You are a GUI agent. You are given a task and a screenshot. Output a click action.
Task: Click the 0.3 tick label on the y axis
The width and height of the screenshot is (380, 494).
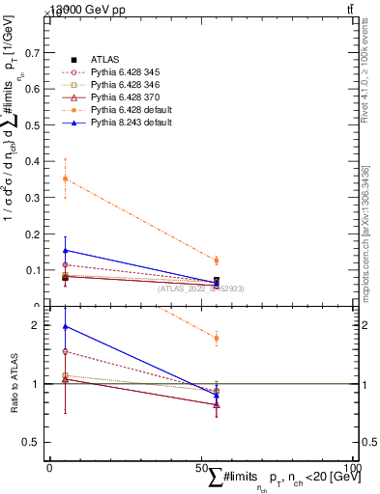click(38, 197)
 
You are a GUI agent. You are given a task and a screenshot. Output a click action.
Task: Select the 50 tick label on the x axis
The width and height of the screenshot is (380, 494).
click(201, 468)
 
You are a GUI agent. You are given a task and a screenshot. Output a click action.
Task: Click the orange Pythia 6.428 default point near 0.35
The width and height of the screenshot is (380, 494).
click(65, 178)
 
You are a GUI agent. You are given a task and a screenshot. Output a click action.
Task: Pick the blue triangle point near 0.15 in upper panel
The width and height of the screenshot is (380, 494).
click(65, 250)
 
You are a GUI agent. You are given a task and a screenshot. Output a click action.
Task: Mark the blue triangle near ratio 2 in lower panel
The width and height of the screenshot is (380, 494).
click(65, 327)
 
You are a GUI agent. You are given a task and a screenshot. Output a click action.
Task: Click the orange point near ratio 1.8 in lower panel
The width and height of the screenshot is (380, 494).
click(217, 338)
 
